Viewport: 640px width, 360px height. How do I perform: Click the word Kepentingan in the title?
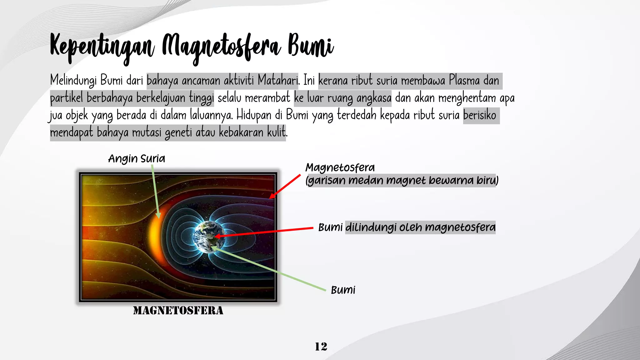102,47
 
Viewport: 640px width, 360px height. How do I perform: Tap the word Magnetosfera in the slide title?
221,47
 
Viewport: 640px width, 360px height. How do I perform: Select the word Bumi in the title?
310,46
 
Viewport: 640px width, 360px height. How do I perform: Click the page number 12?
321,346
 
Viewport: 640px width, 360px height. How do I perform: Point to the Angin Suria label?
137,159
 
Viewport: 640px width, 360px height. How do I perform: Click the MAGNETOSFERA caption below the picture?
178,310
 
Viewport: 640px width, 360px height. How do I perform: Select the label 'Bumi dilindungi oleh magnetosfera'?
407,227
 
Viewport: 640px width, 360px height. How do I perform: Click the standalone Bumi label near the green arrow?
343,290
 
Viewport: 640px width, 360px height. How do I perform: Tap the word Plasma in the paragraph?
464,81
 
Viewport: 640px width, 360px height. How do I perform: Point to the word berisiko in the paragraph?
480,115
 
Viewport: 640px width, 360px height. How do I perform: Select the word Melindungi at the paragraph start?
73,81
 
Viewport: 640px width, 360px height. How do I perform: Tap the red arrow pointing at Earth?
266,232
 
